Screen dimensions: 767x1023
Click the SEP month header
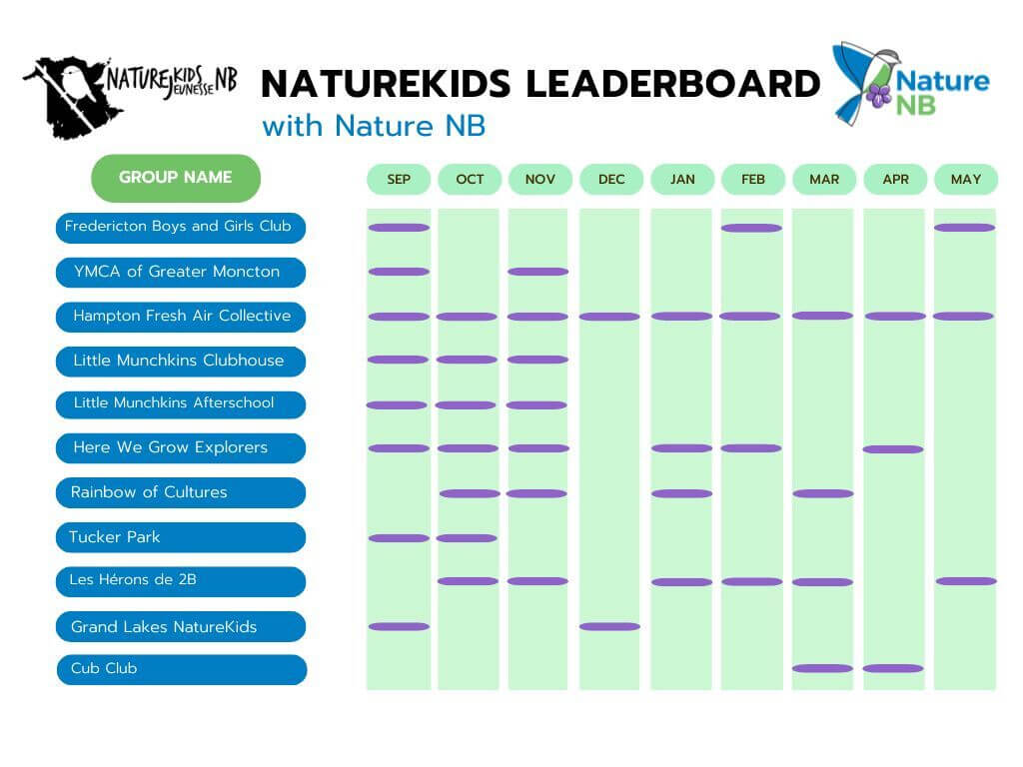(x=399, y=180)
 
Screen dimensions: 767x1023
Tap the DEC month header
(x=611, y=180)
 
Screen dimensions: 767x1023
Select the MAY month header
(x=966, y=180)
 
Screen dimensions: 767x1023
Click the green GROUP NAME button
(x=176, y=178)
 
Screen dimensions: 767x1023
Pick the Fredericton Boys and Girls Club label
(x=180, y=227)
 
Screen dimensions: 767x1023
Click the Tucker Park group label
(x=180, y=537)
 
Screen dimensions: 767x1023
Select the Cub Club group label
(x=180, y=669)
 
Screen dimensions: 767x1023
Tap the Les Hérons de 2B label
(x=180, y=581)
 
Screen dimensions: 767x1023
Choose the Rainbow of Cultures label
(x=180, y=492)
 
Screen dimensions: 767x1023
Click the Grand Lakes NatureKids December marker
(x=609, y=627)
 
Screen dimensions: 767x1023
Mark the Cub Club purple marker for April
(x=893, y=669)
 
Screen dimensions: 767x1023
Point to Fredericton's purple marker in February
(x=751, y=228)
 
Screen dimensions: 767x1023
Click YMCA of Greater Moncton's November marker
(x=537, y=272)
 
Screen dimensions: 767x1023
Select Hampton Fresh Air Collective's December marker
(x=609, y=317)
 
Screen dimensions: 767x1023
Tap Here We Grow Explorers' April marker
(x=893, y=449)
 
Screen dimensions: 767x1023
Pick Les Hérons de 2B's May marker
(x=966, y=581)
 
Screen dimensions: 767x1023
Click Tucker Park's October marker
(x=467, y=538)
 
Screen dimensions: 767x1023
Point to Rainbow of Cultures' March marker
(x=822, y=493)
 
